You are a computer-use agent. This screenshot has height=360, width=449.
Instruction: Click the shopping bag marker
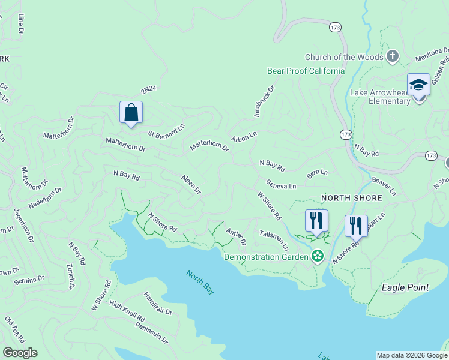click(131, 112)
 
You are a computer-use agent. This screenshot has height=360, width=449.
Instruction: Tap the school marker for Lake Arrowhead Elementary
click(418, 85)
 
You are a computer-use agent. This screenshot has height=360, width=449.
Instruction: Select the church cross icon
click(393, 57)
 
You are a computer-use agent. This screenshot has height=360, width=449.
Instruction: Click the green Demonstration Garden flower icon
click(317, 257)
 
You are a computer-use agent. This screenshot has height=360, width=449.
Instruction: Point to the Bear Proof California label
click(306, 71)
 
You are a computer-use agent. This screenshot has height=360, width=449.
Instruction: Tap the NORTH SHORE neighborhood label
click(352, 198)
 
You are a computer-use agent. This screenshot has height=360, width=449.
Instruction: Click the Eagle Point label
click(405, 287)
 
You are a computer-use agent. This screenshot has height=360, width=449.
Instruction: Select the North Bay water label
click(200, 282)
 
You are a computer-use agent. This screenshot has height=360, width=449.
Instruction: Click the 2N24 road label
click(148, 90)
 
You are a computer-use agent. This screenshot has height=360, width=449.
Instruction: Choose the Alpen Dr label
click(191, 184)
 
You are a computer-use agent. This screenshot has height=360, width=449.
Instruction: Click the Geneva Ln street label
click(281, 186)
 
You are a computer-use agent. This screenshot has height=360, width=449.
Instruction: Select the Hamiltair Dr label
click(158, 304)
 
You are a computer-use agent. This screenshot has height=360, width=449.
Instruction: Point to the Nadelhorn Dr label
click(45, 197)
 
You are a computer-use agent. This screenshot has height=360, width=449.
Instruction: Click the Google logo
click(20, 353)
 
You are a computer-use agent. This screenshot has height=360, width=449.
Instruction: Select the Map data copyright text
click(411, 355)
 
